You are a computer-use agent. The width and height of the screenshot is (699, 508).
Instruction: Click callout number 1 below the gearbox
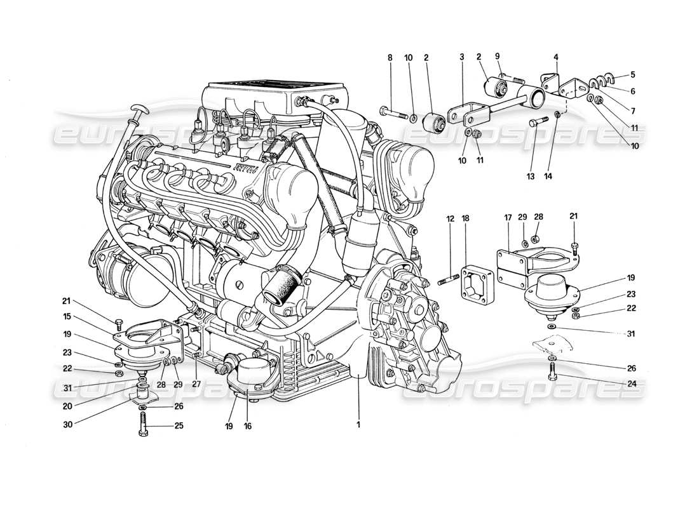coord(358,425)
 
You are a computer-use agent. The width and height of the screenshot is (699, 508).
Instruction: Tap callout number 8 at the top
coord(390,58)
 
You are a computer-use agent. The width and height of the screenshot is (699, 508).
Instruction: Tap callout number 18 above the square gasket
coord(465,219)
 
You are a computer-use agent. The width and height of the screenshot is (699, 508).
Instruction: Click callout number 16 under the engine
coord(248,426)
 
